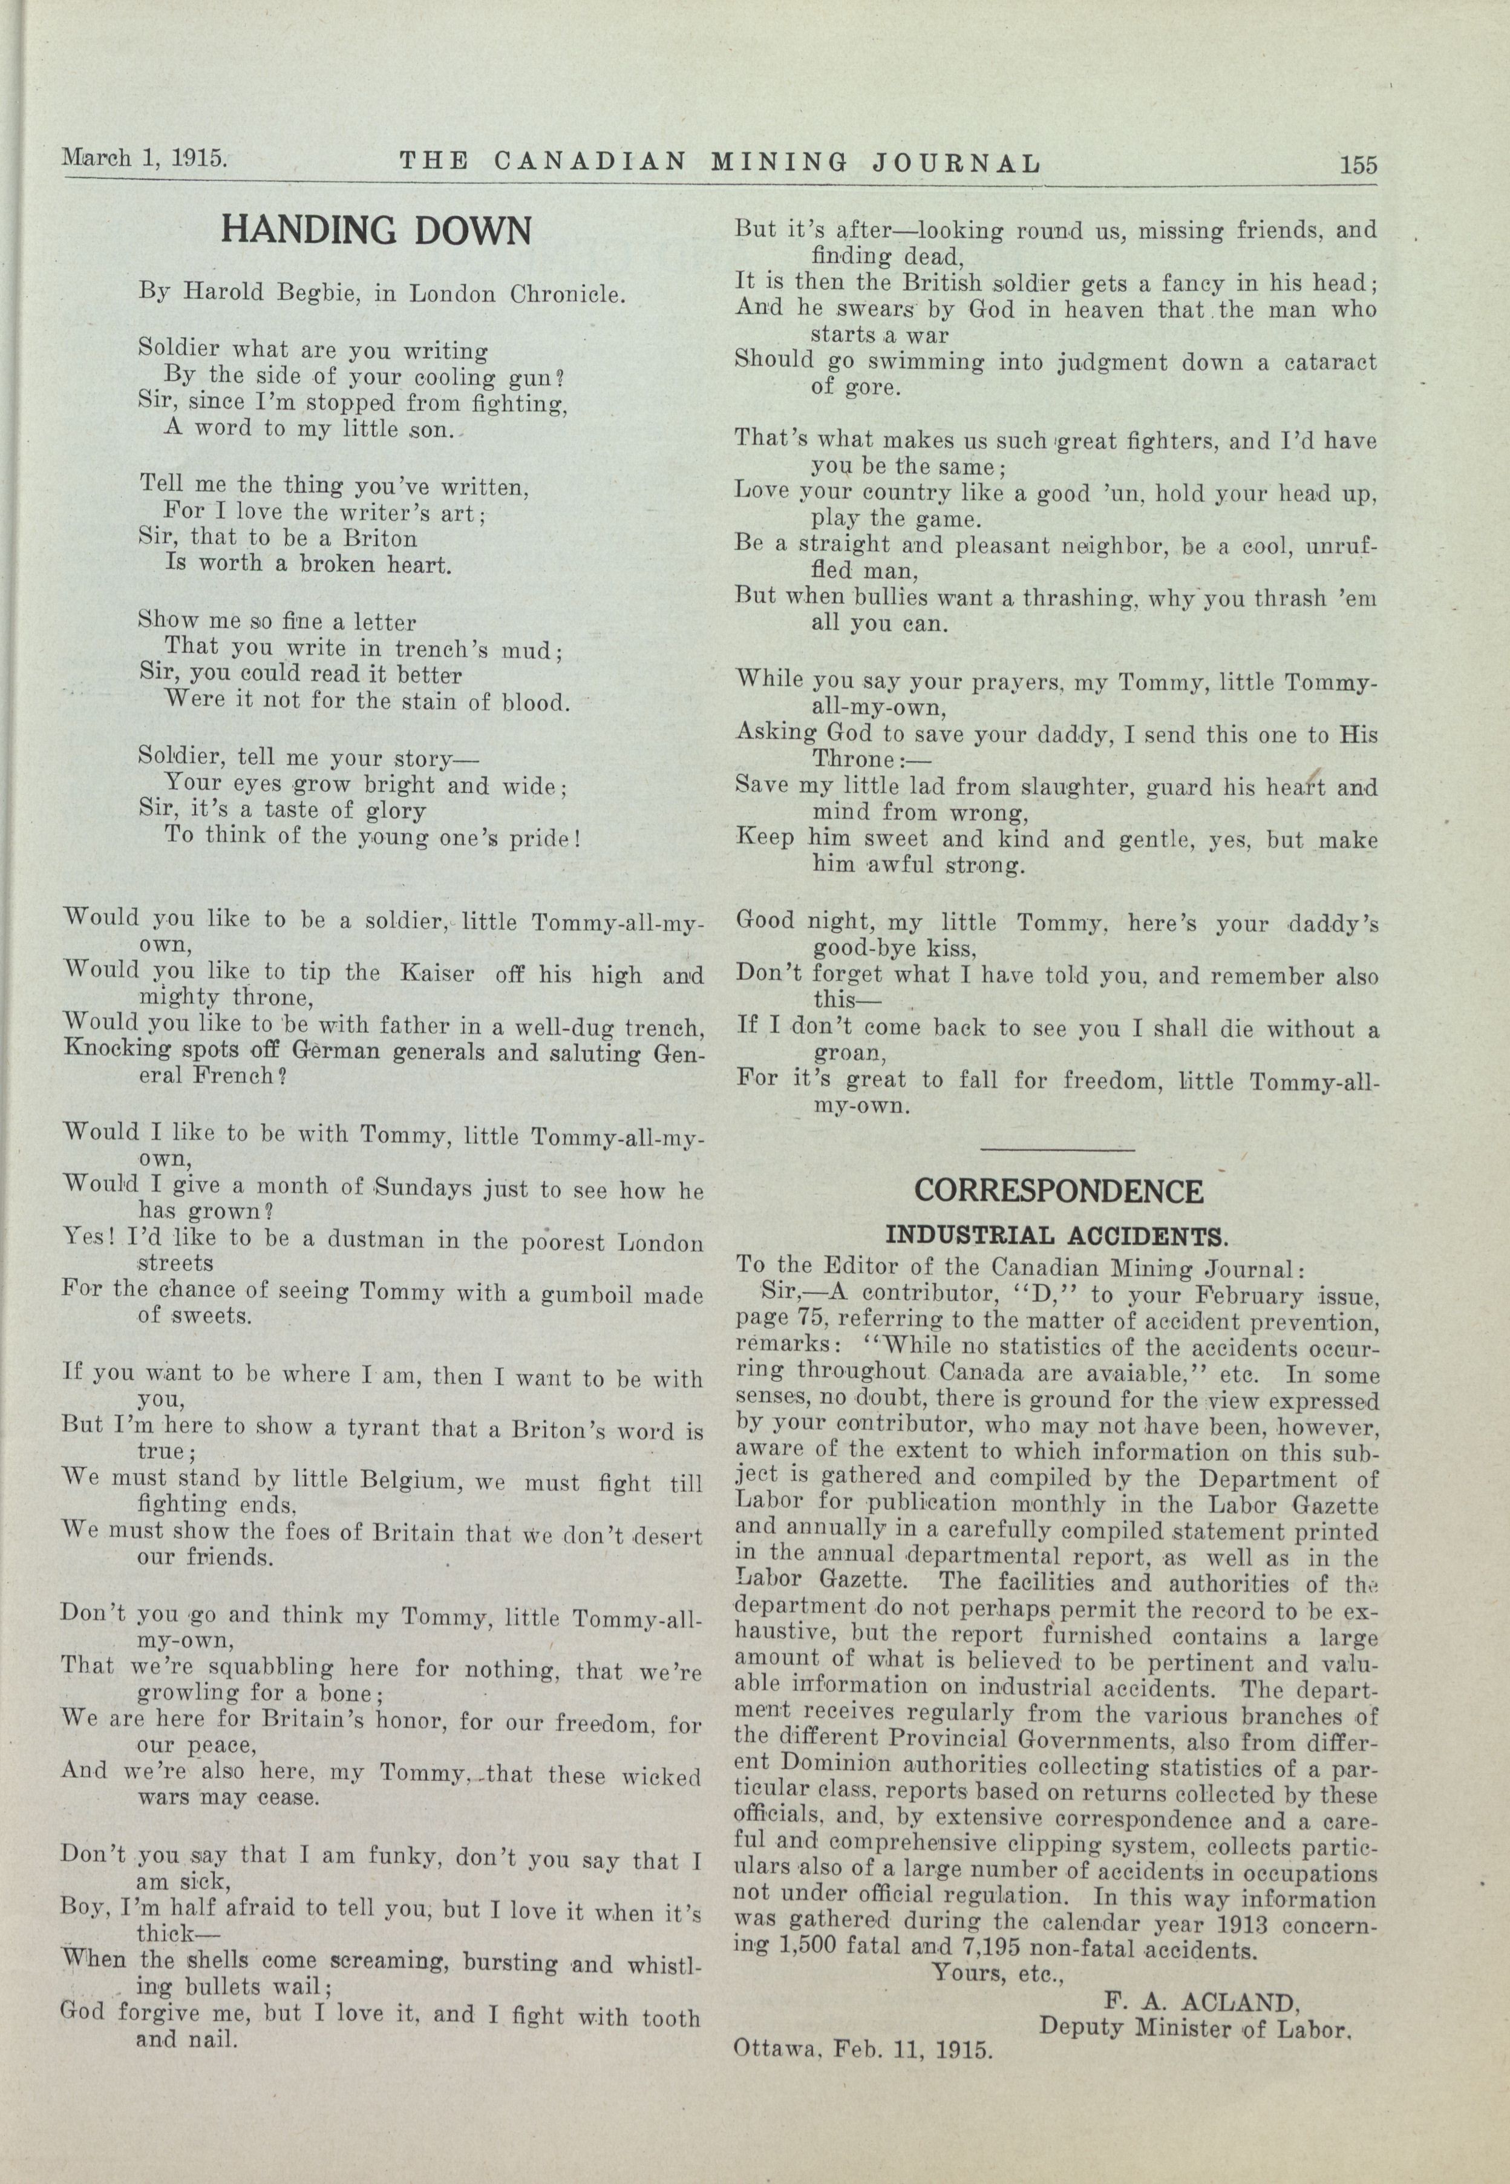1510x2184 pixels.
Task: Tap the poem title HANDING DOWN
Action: [x=376, y=230]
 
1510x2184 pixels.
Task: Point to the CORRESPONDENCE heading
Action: [x=1059, y=1190]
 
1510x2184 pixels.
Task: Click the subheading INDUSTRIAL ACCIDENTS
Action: [x=1056, y=1236]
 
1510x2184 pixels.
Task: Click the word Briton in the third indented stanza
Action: [x=376, y=539]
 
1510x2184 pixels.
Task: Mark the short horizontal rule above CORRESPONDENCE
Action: [x=1057, y=1150]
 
